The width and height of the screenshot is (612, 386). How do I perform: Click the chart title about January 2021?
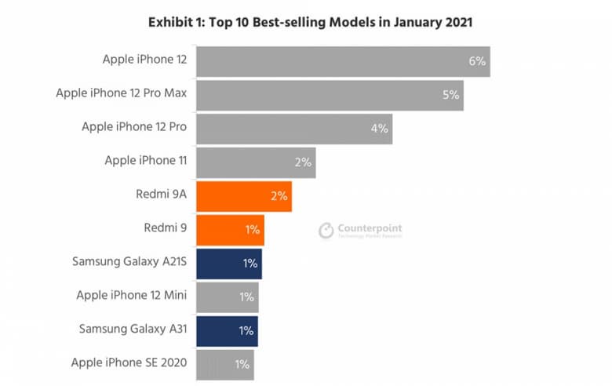pyautogui.click(x=310, y=22)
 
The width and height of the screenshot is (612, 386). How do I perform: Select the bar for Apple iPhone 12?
pyautogui.click(x=343, y=61)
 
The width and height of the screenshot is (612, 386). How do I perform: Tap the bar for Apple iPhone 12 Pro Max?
pyautogui.click(x=330, y=95)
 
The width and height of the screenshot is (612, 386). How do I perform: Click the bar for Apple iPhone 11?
pyautogui.click(x=256, y=162)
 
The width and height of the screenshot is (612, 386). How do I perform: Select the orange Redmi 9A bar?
pyautogui.click(x=244, y=196)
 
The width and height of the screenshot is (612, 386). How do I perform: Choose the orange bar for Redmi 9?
pyautogui.click(x=230, y=230)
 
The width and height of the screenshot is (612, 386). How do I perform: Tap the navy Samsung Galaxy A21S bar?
pyautogui.click(x=228, y=264)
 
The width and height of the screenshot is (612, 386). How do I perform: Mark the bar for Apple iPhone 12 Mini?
pyautogui.click(x=227, y=297)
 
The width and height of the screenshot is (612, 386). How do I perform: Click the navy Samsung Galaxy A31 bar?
pyautogui.click(x=227, y=331)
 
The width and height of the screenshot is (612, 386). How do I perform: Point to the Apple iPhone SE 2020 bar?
pyautogui.click(x=224, y=364)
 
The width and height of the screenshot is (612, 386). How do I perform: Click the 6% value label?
pyautogui.click(x=477, y=61)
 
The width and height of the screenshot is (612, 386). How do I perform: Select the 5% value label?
pyautogui.click(x=450, y=95)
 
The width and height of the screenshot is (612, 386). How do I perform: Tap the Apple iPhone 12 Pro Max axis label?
pyautogui.click(x=121, y=93)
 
